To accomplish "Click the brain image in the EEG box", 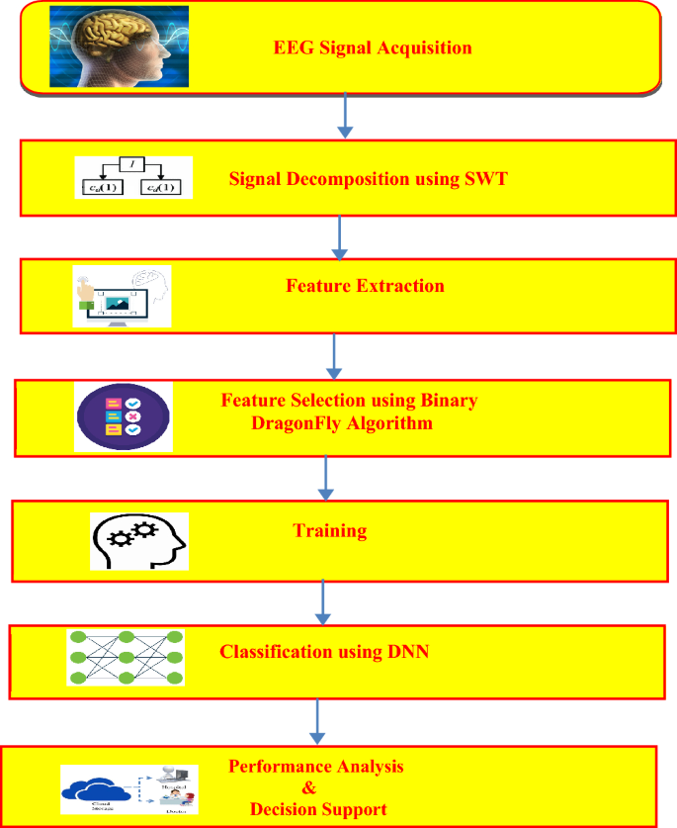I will click(119, 47).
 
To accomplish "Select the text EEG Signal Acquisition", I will click(373, 47).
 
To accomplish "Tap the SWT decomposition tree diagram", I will click(133, 177).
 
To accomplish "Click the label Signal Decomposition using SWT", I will click(367, 179).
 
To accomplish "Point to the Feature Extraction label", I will click(365, 286).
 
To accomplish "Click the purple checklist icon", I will click(124, 416).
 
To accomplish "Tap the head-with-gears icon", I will click(139, 540).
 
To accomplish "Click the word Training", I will click(330, 531).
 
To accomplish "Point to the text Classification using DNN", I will click(324, 652).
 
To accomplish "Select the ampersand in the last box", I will click(307, 788).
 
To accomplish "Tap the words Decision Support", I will click(318, 809).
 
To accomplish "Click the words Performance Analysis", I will click(316, 767).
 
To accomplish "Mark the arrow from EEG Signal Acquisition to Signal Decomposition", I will click(344, 116).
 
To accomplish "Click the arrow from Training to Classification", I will click(322, 600).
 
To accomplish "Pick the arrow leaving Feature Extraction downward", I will click(335, 355).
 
